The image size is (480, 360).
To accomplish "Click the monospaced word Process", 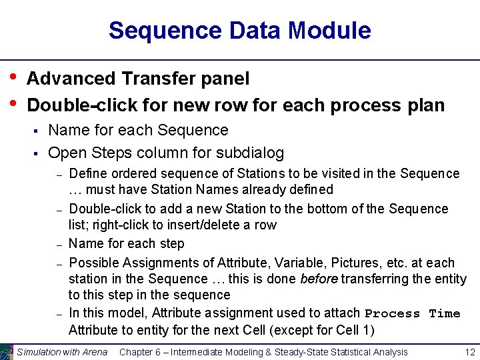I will coord(393,313).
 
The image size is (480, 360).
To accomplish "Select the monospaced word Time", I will coord(445,313).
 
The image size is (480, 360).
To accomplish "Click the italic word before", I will coord(319,279).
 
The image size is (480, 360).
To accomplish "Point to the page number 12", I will coord(469,351).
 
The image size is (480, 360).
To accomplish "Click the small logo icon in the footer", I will coord(6,351).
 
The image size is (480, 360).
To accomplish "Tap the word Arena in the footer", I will coord(94,351).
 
